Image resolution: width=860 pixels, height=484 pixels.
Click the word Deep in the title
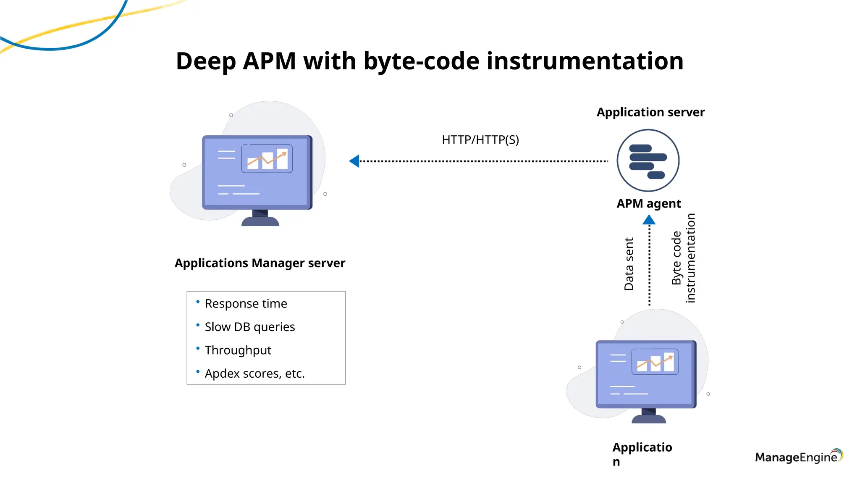[x=206, y=61]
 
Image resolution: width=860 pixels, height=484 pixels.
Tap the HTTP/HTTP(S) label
[x=480, y=140]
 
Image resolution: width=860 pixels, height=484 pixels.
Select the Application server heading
[x=650, y=113]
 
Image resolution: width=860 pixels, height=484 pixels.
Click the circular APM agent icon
[x=648, y=160]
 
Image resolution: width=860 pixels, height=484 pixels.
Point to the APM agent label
[x=649, y=204]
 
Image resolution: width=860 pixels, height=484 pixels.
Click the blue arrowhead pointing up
[x=649, y=220]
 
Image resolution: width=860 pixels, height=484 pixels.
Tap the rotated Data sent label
[x=629, y=264]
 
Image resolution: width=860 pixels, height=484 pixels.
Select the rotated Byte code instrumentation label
[x=683, y=258]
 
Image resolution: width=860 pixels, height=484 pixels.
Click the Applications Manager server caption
[x=260, y=263]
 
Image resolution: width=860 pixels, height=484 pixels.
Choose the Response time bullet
[x=246, y=304]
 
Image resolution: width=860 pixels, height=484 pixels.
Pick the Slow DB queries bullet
[x=249, y=327]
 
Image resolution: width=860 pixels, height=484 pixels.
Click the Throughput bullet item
[x=238, y=350]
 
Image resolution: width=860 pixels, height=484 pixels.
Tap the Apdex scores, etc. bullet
[x=254, y=374]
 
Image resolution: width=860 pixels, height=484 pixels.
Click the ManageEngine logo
[x=798, y=457]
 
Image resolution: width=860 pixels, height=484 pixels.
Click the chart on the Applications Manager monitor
[x=267, y=159]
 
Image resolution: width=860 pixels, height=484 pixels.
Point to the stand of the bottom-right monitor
[x=649, y=417]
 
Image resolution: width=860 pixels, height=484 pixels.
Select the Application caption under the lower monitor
[x=642, y=454]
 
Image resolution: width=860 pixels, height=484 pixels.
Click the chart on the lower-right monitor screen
[x=655, y=362]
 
